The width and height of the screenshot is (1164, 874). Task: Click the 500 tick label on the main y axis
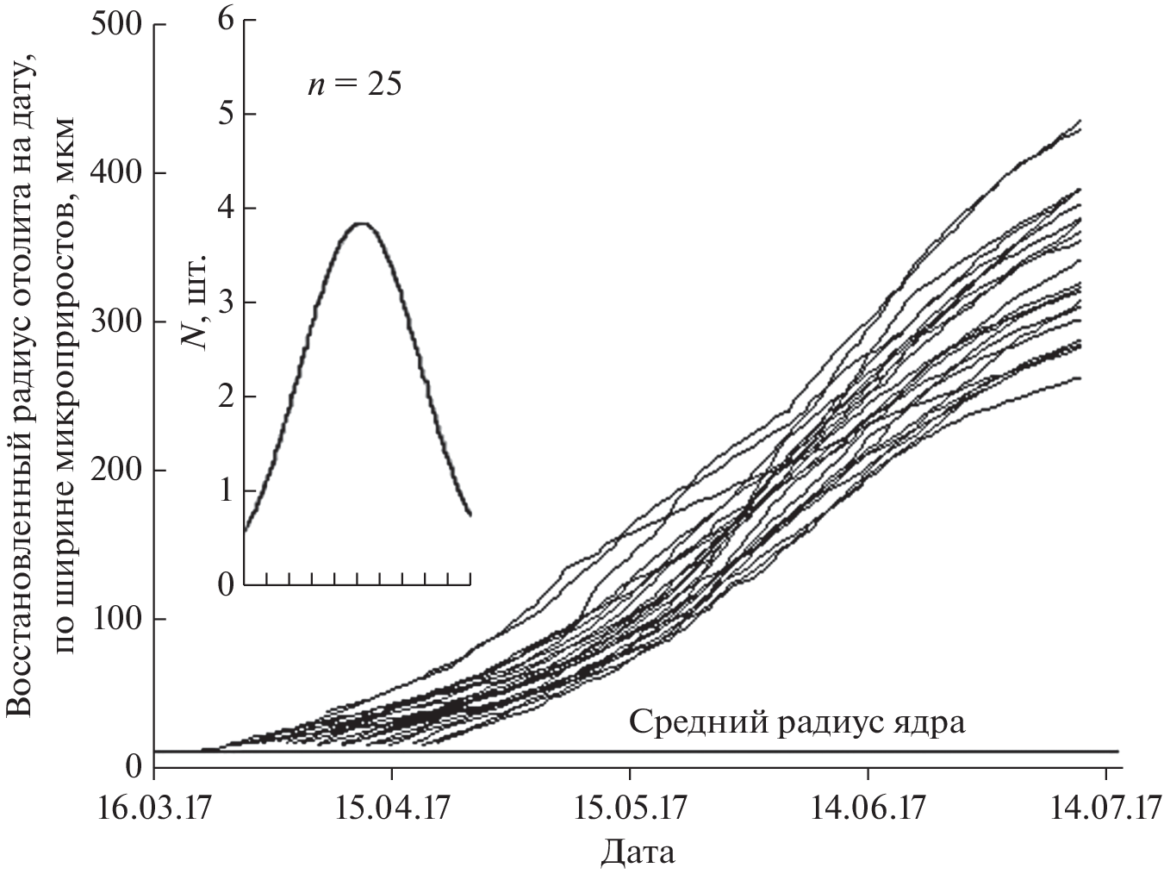click(x=115, y=25)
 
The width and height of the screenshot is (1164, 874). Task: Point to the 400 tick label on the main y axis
click(x=115, y=173)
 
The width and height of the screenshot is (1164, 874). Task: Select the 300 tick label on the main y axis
click(x=115, y=322)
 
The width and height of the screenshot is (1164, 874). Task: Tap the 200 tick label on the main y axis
click(x=115, y=471)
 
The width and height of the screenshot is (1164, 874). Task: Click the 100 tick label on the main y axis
click(x=115, y=620)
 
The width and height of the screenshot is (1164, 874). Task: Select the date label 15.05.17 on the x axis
click(x=630, y=811)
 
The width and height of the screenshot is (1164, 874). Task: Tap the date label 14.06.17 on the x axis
click(x=868, y=811)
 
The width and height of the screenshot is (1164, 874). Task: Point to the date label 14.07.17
click(x=1105, y=811)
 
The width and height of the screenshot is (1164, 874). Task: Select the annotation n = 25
click(x=354, y=84)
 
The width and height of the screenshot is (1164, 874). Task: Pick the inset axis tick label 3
click(x=226, y=303)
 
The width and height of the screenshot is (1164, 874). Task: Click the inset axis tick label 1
click(x=226, y=491)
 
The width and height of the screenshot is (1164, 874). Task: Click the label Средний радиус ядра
click(x=797, y=721)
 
